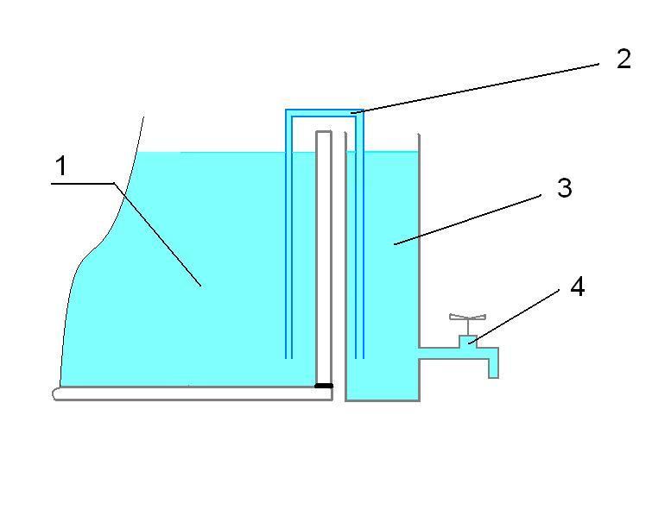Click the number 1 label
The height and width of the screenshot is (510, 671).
60,167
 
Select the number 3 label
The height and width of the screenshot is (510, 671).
565,188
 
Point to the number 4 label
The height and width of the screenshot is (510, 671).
578,287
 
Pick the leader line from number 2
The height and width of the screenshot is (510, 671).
475,87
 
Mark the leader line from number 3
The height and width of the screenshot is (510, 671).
467,218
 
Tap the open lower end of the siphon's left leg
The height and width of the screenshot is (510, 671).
289,356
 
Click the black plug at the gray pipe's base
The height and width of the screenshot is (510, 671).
323,386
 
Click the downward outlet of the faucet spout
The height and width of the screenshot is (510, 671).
494,374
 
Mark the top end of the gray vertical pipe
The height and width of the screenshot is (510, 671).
324,133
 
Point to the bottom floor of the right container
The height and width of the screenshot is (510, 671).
383,400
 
